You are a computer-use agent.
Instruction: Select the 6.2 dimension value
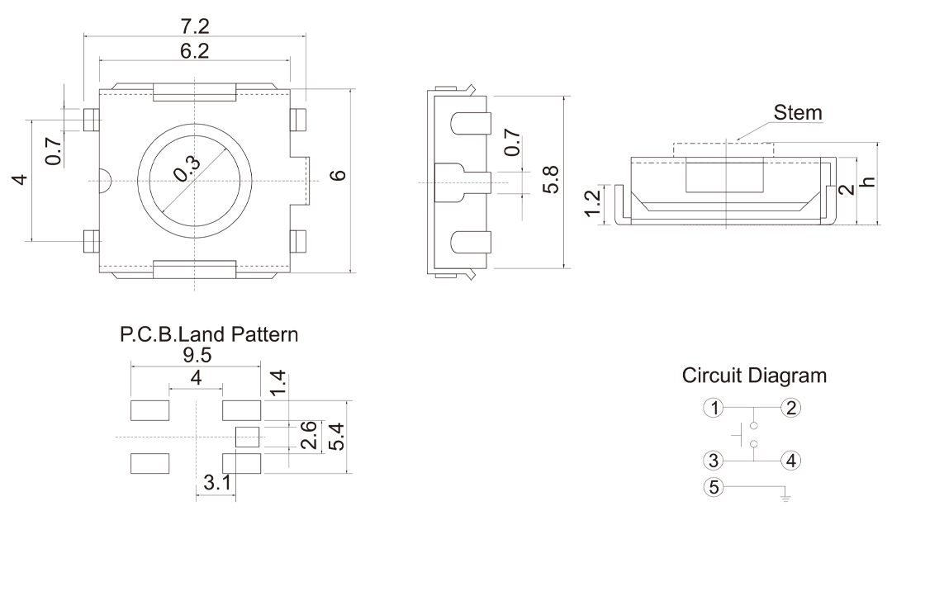pos(194,50)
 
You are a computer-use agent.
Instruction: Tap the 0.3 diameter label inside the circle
pos(187,169)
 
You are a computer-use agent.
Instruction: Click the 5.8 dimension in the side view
pos(551,179)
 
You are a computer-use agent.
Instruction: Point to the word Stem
pos(798,112)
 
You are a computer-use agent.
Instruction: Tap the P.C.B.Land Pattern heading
pos(209,335)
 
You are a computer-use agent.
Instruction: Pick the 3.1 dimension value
pos(216,483)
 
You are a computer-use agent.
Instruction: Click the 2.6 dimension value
pos(308,435)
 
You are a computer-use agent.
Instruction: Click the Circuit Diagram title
pos(754,376)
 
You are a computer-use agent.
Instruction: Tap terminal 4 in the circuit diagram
pos(791,461)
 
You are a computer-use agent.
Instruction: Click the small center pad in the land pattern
pos(247,437)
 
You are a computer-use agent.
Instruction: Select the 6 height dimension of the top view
pos(336,175)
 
